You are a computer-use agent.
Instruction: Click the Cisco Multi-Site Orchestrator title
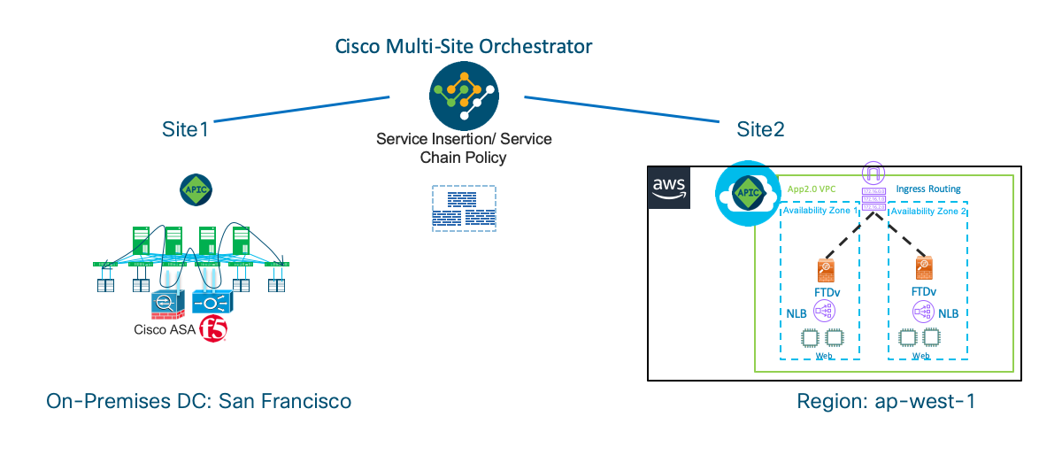click(463, 45)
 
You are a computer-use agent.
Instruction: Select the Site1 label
click(184, 129)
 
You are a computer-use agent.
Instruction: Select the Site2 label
click(760, 129)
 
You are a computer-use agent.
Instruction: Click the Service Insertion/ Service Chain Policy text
click(464, 149)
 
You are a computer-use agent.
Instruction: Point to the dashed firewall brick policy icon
click(464, 209)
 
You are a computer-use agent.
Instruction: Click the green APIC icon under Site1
click(195, 189)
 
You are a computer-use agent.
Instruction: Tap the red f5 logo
click(212, 329)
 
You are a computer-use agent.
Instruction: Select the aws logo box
click(669, 186)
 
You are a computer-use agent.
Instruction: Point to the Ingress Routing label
click(927, 189)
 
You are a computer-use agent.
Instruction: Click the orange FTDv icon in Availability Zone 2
click(924, 269)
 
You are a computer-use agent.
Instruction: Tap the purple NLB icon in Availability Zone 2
click(924, 312)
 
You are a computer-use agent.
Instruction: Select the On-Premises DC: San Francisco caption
click(199, 401)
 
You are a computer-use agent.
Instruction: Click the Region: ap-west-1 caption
click(886, 401)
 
